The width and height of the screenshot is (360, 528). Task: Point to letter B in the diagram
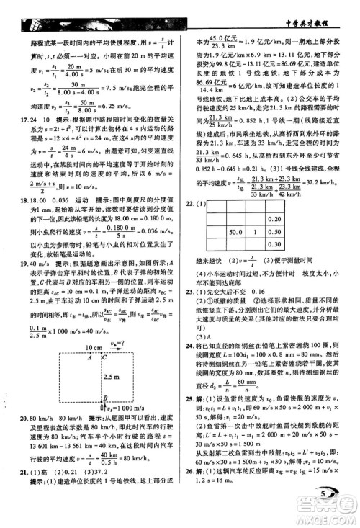(x=105, y=395)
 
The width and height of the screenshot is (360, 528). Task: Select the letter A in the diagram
(x=107, y=357)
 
